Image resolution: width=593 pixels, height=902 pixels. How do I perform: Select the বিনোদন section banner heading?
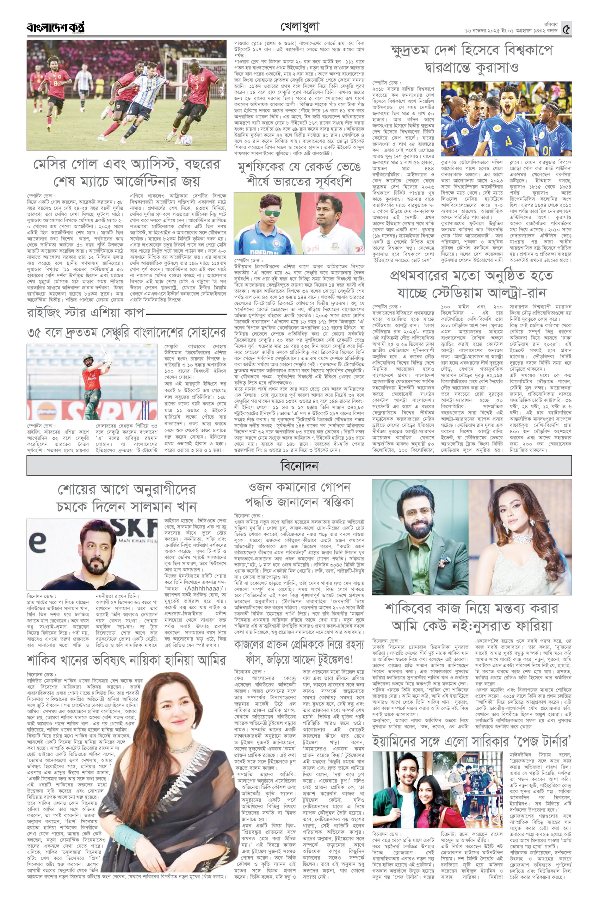[298, 465]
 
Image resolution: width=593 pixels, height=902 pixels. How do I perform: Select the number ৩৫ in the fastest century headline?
[36, 334]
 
